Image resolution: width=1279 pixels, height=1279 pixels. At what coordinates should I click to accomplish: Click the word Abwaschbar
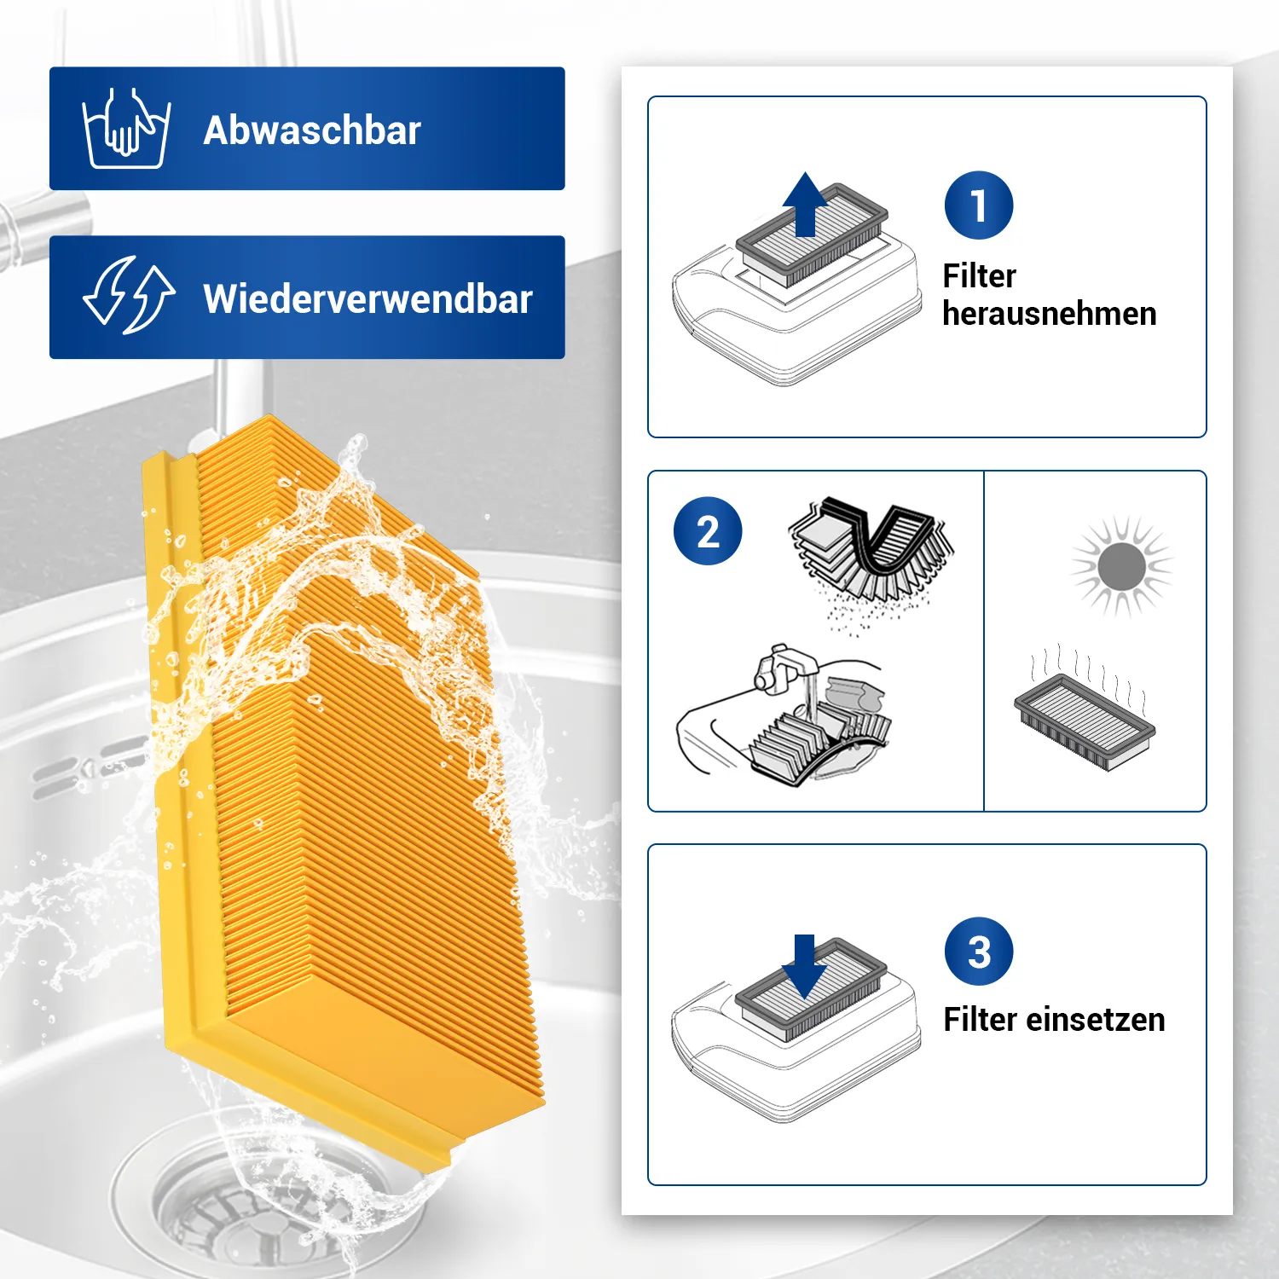pyautogui.click(x=312, y=130)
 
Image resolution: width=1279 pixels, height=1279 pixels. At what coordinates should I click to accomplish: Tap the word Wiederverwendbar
pyautogui.click(x=367, y=299)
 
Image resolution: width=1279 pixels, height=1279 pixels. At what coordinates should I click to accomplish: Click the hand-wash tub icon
pyautogui.click(x=126, y=128)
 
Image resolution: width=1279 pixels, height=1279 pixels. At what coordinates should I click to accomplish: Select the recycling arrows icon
pyautogui.click(x=129, y=295)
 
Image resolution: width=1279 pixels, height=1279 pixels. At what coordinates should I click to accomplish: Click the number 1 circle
pyautogui.click(x=979, y=205)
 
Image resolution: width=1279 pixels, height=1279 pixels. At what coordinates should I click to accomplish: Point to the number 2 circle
pyautogui.click(x=708, y=531)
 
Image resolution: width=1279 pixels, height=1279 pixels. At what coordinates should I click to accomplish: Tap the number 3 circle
pyautogui.click(x=979, y=952)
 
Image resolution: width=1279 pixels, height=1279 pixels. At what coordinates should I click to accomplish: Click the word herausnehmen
pyautogui.click(x=1050, y=314)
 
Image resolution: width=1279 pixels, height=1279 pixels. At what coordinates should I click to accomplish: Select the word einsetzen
pyautogui.click(x=1096, y=1020)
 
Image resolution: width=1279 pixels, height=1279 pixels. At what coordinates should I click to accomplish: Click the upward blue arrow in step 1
pyautogui.click(x=805, y=205)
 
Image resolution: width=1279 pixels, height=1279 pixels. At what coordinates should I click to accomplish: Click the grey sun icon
pyautogui.click(x=1122, y=566)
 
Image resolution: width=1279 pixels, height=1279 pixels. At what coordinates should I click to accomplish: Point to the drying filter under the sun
pyautogui.click(x=1085, y=721)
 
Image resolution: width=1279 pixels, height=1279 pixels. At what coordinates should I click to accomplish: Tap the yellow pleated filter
pyautogui.click(x=341, y=784)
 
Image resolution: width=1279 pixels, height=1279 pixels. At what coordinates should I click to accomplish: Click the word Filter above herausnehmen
pyautogui.click(x=979, y=276)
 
